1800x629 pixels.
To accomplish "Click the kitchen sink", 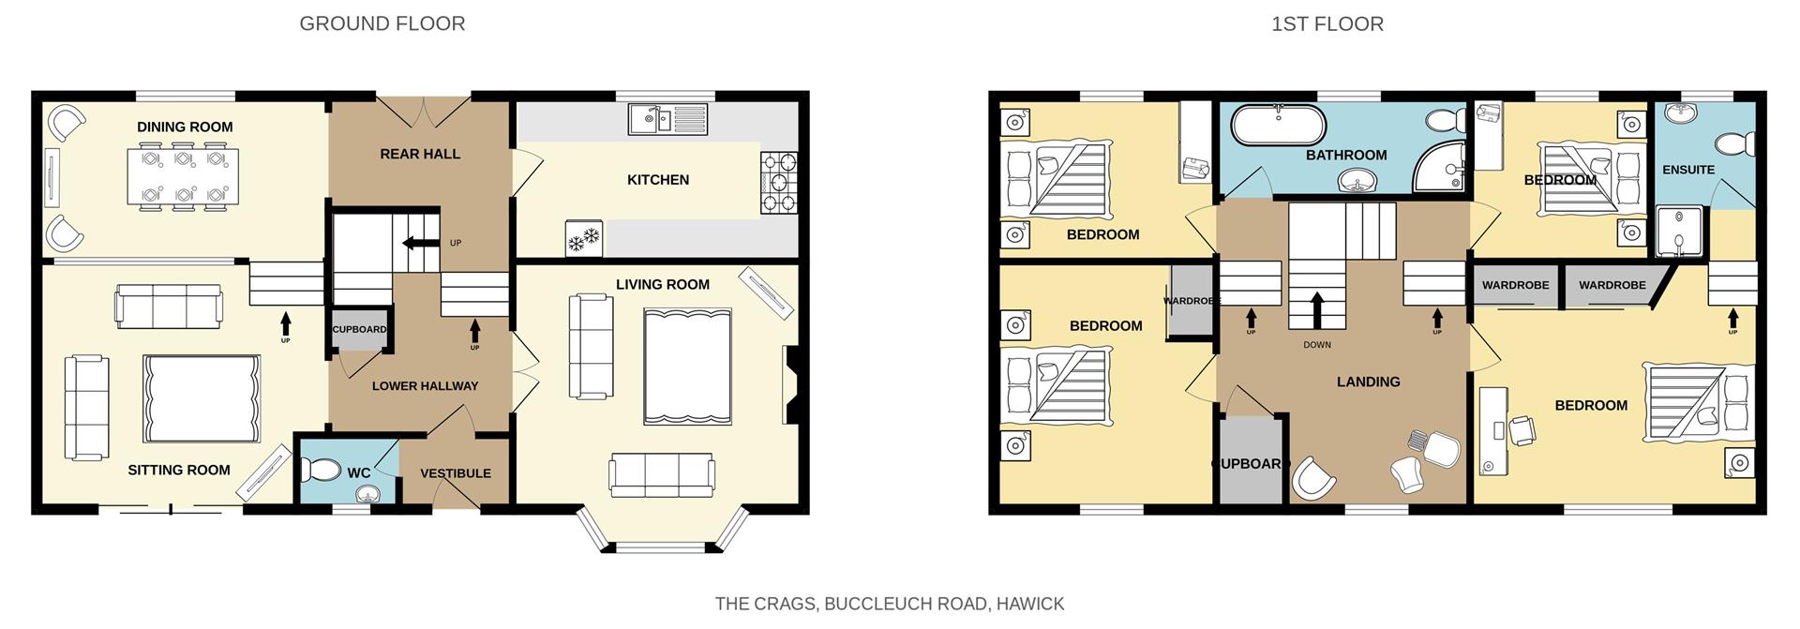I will (x=667, y=119).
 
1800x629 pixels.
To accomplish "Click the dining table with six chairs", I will (x=183, y=176).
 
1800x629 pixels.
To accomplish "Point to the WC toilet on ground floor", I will (x=323, y=468).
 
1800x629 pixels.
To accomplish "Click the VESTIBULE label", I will (x=456, y=473).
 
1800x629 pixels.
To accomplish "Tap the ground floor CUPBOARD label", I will (x=359, y=329).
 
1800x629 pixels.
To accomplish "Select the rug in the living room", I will (x=687, y=367).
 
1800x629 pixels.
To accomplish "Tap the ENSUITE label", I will (x=1687, y=170).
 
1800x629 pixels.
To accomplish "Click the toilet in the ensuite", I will (x=1736, y=143).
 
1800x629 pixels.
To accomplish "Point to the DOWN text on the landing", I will (x=1316, y=345).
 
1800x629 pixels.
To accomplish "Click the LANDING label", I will (x=1368, y=382).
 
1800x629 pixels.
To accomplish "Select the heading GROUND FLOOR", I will (x=382, y=23).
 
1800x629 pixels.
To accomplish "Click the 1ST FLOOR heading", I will (x=1327, y=23).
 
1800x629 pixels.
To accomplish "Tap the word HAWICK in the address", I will (x=1029, y=604).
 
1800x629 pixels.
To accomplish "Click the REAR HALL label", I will (x=419, y=154).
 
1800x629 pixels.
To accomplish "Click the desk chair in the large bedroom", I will (x=1521, y=430).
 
